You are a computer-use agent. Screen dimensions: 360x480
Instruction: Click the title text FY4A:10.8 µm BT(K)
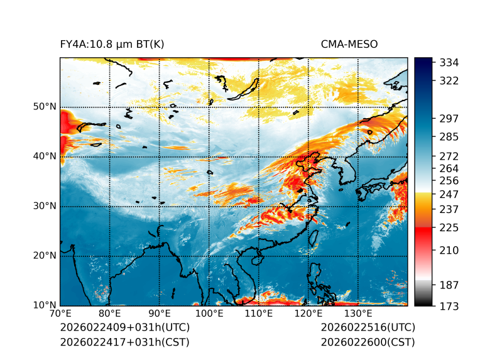coord(112,45)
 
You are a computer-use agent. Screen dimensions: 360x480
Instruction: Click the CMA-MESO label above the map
coord(349,45)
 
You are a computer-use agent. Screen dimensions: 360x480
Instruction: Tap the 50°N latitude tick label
coord(45,107)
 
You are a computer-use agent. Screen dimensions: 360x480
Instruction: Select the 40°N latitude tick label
coord(45,156)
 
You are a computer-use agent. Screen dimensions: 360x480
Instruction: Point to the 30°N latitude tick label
coord(45,206)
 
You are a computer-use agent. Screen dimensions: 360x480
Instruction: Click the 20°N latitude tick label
coord(45,256)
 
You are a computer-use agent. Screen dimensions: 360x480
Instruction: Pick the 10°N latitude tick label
coord(45,305)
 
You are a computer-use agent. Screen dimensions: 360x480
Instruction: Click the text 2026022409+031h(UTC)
coord(125,328)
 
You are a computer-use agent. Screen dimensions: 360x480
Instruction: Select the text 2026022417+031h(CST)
coord(124,342)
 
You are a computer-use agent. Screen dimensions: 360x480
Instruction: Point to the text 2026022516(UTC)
coord(368,328)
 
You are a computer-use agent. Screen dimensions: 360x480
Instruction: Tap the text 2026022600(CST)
coord(368,342)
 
